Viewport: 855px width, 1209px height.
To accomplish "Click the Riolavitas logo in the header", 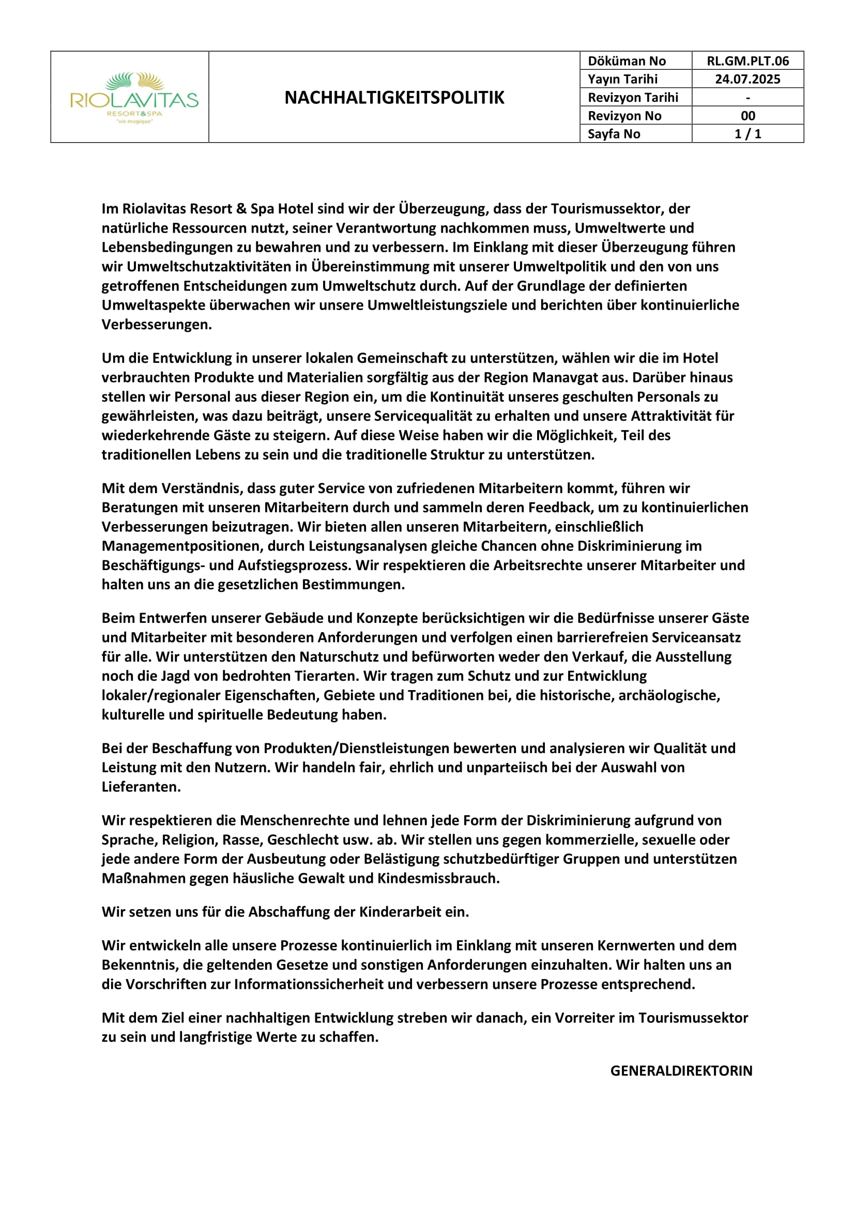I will tap(134, 98).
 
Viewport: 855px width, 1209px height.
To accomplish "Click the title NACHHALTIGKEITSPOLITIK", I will tap(394, 97).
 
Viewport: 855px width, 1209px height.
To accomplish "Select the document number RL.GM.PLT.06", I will tap(747, 61).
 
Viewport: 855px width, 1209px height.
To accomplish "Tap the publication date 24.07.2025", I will tap(747, 79).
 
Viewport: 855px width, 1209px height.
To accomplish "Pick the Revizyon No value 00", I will tap(747, 116).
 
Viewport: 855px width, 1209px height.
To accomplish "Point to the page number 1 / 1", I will tap(747, 134).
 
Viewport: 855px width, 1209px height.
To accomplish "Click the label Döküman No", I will tap(627, 61).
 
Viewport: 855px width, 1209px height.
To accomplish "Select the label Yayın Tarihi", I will tap(622, 79).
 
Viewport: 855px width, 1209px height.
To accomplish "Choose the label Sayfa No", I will tap(614, 134).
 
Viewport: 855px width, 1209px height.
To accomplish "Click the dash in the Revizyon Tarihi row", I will tap(747, 98).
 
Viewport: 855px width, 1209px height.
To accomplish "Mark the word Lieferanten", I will tap(141, 787).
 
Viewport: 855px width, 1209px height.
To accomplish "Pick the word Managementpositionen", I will tap(180, 546).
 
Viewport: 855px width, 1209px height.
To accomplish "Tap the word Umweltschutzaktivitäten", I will tap(208, 266).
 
